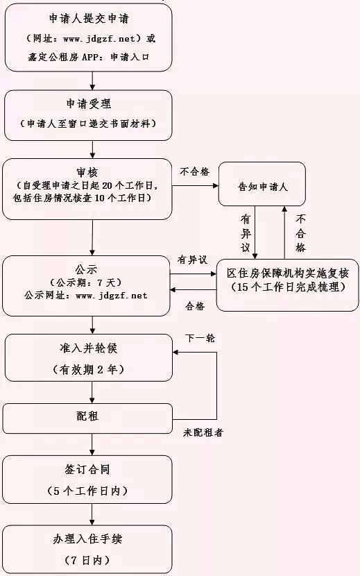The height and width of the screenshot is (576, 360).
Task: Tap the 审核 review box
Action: (x=87, y=189)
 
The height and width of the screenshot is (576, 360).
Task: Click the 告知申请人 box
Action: (x=262, y=185)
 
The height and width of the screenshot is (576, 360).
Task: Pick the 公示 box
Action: (x=87, y=284)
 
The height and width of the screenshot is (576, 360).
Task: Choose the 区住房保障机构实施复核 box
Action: (x=287, y=280)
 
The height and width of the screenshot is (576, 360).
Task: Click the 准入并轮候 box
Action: (x=87, y=357)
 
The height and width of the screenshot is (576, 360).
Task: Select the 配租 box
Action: (x=87, y=418)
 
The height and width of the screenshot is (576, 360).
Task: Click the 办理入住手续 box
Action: (x=87, y=548)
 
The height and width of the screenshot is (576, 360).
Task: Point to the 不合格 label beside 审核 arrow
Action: (x=194, y=171)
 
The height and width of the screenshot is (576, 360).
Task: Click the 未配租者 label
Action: (x=203, y=432)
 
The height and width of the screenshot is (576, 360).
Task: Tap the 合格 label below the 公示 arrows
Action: (x=195, y=305)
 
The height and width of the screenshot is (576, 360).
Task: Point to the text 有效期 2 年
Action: (x=87, y=370)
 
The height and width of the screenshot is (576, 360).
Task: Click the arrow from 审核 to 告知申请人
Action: (x=195, y=185)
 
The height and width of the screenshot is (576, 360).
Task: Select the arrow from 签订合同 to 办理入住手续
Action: (x=92, y=514)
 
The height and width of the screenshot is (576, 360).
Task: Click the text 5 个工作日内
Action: (x=87, y=491)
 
